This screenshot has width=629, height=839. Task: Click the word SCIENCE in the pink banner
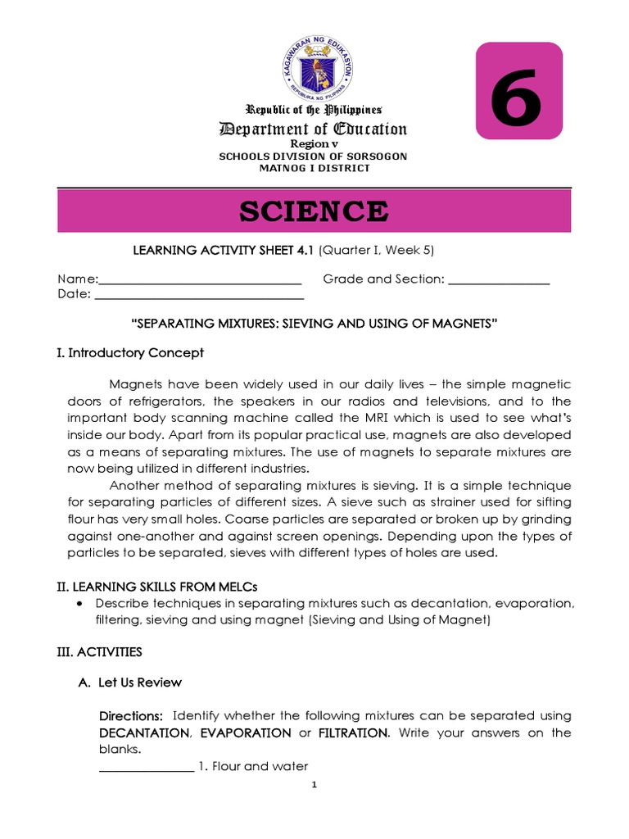(314, 211)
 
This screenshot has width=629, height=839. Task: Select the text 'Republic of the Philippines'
(314, 110)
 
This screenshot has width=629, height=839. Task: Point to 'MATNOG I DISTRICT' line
(314, 168)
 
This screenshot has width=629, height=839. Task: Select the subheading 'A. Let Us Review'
(129, 683)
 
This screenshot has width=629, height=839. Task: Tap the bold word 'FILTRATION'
(351, 732)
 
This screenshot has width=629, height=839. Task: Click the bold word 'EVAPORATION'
(246, 732)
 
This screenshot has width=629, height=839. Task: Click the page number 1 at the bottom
(314, 785)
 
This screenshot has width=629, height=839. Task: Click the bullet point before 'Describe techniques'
(79, 604)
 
